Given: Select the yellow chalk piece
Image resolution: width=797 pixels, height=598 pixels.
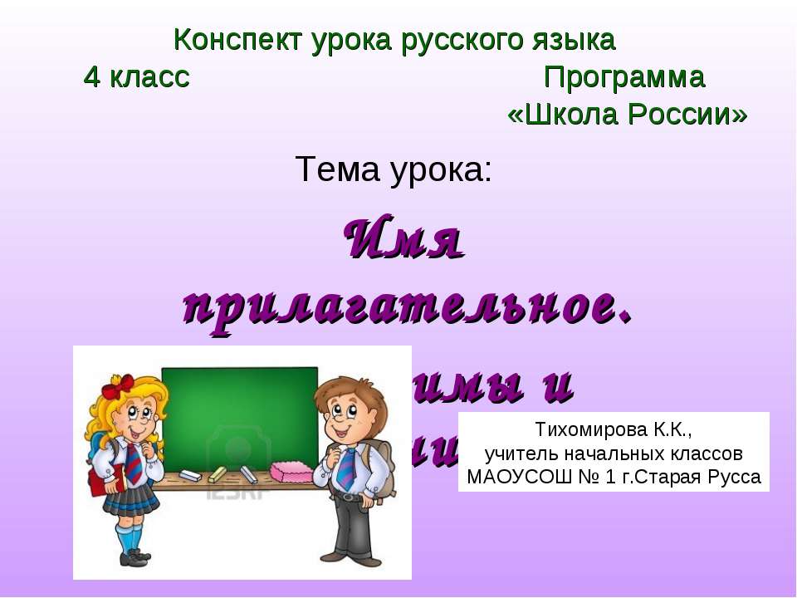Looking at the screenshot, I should tap(217, 474).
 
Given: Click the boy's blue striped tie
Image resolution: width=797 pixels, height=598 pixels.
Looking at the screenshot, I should tap(346, 469).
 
